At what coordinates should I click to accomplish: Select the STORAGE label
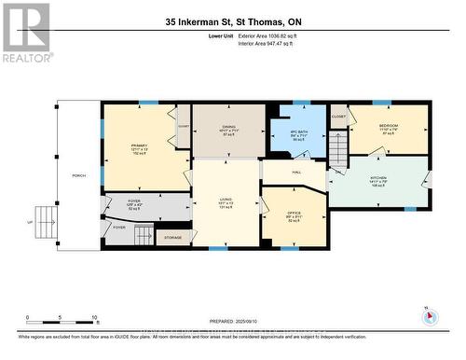(171, 238)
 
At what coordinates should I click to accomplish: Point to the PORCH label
(79, 175)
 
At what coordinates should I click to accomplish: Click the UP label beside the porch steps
(29, 222)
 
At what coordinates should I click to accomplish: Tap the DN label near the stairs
(337, 172)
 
